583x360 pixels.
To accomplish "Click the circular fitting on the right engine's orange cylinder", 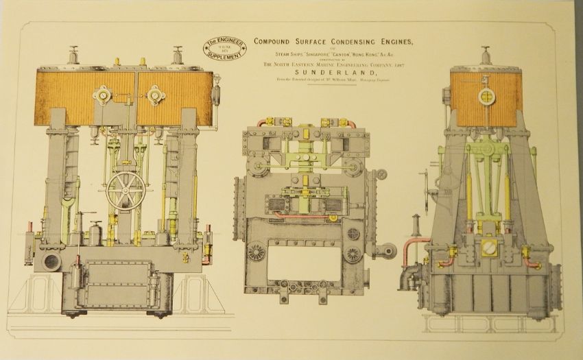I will pyautogui.click(x=488, y=95).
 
